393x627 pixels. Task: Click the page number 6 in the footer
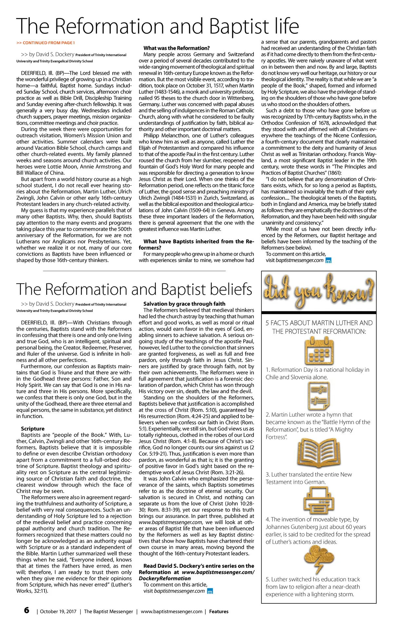[x=27, y=610]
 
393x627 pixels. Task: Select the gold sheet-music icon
[x=318, y=395]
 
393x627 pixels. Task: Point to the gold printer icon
[x=318, y=500]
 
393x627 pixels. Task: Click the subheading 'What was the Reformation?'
[x=177, y=48]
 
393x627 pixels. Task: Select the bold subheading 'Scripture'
[x=32, y=428]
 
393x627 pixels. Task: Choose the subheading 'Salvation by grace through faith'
[x=184, y=304]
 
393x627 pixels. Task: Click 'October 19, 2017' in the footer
[x=58, y=611]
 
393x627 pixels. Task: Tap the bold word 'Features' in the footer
[x=219, y=611]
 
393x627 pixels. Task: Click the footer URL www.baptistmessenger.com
[x=172, y=611]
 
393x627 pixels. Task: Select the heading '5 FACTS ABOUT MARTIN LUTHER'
[x=319, y=323]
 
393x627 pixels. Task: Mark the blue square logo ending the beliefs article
[x=211, y=591]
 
